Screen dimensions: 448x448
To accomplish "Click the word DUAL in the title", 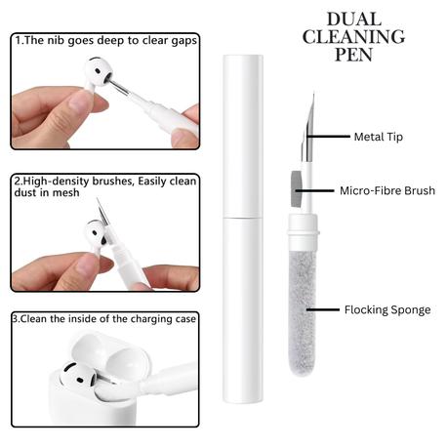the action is click(354, 20).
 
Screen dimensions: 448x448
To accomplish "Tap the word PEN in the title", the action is click(354, 55).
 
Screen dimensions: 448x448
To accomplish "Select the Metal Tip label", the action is click(379, 137).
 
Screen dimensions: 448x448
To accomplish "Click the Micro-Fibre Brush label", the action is click(387, 190).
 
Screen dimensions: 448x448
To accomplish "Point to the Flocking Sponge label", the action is click(387, 309).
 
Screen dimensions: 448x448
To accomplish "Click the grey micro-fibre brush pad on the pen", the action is click(296, 189).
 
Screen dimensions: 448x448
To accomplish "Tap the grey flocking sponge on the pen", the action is click(303, 312).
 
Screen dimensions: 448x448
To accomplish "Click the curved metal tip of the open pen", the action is click(308, 129).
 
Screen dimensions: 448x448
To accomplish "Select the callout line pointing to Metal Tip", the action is click(328, 137).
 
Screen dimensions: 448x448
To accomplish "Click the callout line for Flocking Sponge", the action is click(322, 309).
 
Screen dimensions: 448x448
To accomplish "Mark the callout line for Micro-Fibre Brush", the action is click(314, 190).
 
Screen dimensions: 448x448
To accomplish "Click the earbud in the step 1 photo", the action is click(98, 75).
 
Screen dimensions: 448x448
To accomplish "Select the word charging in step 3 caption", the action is click(150, 319).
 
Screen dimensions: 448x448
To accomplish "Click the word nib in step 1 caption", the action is click(57, 40).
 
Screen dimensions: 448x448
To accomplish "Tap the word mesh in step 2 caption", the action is click(66, 192).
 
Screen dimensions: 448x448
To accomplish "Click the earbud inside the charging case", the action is click(80, 381).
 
